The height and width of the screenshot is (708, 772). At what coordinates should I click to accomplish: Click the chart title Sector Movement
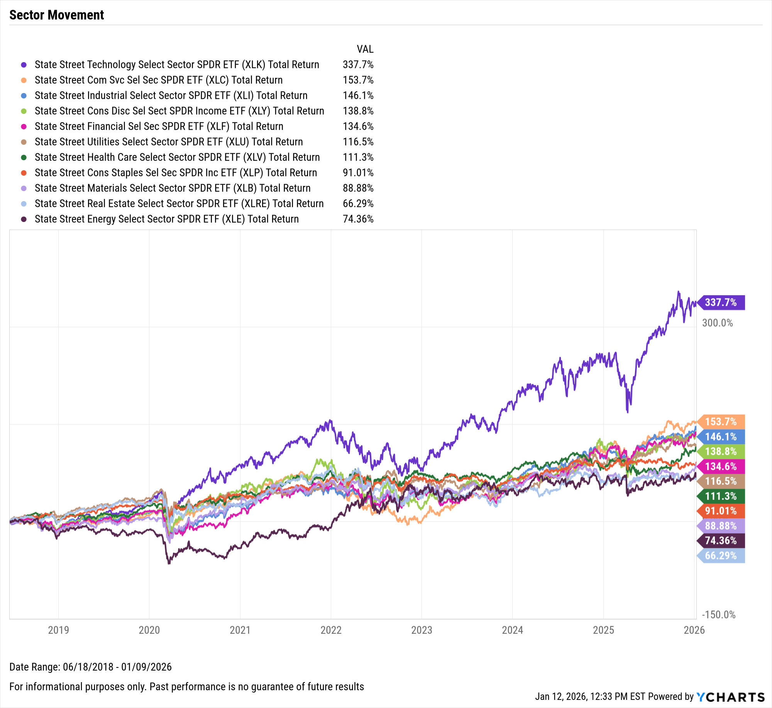click(57, 15)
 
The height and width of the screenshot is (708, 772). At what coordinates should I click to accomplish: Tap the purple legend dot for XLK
click(24, 65)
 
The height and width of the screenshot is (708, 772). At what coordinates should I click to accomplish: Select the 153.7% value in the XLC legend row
click(358, 80)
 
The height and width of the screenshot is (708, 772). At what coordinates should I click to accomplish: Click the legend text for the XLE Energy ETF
click(167, 219)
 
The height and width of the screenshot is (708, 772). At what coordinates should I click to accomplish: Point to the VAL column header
click(365, 49)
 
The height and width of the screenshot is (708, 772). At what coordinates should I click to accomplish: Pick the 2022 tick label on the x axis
click(331, 630)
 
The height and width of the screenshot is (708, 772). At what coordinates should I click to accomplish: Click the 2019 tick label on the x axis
click(58, 630)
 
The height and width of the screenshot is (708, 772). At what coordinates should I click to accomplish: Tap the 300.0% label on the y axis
click(717, 323)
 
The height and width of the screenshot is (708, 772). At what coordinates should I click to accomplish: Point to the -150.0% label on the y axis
click(718, 615)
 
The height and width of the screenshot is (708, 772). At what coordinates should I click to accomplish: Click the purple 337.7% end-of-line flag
click(721, 302)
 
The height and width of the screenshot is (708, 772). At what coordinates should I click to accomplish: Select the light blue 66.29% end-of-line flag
click(721, 556)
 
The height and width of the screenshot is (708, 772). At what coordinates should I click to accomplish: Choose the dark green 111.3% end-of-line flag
click(721, 496)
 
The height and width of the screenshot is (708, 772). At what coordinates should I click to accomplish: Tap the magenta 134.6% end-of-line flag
click(721, 466)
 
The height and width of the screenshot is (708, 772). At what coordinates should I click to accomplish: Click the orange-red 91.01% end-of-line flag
click(721, 511)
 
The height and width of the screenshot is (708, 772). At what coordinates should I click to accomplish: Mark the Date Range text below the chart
click(90, 667)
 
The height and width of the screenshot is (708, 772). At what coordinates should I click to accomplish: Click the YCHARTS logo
click(731, 697)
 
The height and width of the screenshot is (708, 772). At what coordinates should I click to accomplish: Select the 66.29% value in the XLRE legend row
click(358, 203)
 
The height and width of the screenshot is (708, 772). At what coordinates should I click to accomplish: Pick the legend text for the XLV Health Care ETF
click(177, 157)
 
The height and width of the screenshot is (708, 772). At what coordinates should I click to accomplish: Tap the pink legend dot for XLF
click(24, 127)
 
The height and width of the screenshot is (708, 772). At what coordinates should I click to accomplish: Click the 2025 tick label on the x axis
click(603, 630)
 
